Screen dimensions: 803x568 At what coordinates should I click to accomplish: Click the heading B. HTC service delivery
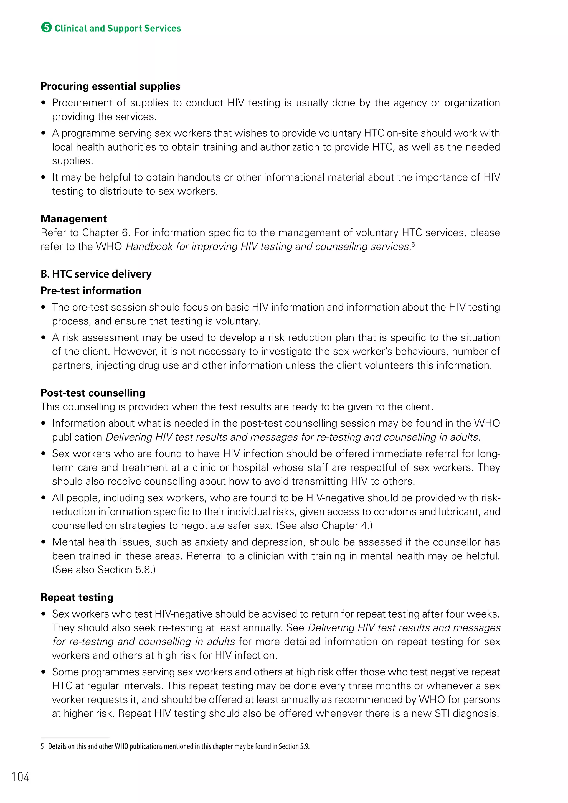pyautogui.click(x=96, y=274)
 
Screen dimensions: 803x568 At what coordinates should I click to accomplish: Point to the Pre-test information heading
pyautogui.click(x=91, y=291)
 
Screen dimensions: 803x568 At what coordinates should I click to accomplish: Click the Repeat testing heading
pyautogui.click(x=77, y=597)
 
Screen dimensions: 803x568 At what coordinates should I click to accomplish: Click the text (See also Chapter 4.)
pyautogui.click(x=324, y=525)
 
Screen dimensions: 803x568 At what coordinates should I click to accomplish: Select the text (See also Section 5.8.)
pyautogui.click(x=104, y=570)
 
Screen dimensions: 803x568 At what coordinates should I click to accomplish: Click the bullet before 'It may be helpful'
pyautogui.click(x=43, y=177)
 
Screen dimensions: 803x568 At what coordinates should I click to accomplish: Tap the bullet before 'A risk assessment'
pyautogui.click(x=43, y=337)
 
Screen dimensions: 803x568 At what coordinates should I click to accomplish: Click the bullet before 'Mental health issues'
pyautogui.click(x=43, y=542)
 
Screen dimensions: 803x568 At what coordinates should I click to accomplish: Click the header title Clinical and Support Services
pyautogui.click(x=118, y=28)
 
